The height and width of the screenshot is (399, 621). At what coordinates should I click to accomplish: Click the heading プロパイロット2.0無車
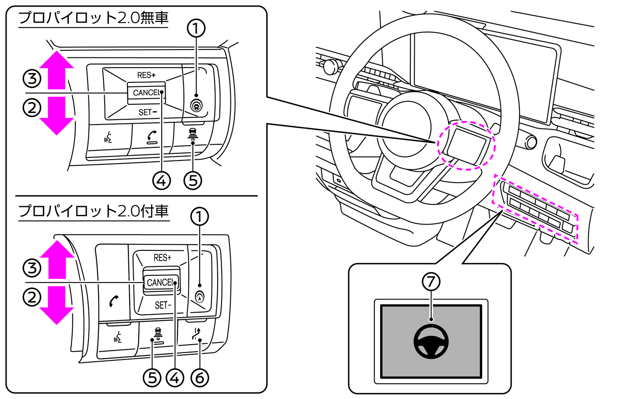(x=93, y=18)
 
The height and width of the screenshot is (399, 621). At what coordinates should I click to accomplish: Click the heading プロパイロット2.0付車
(x=93, y=211)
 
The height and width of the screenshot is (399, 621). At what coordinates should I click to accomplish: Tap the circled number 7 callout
(x=431, y=281)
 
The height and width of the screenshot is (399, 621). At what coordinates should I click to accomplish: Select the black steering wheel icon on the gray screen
(x=431, y=342)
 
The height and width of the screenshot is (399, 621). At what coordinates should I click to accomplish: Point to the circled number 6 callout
(x=200, y=378)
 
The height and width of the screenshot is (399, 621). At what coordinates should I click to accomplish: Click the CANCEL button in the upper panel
(x=146, y=93)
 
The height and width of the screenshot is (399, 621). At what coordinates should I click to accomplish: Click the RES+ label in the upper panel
(x=146, y=75)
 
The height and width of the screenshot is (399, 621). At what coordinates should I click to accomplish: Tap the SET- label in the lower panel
(x=162, y=305)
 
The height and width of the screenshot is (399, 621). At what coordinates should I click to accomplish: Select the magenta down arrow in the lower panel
(x=57, y=306)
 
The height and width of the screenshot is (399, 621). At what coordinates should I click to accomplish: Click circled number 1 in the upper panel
(x=196, y=28)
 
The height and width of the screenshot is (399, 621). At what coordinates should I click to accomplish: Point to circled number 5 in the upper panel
(x=193, y=180)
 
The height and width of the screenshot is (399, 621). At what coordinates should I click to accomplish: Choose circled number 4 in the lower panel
(x=175, y=378)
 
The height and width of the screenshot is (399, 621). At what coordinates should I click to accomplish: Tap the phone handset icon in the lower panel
(x=114, y=301)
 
